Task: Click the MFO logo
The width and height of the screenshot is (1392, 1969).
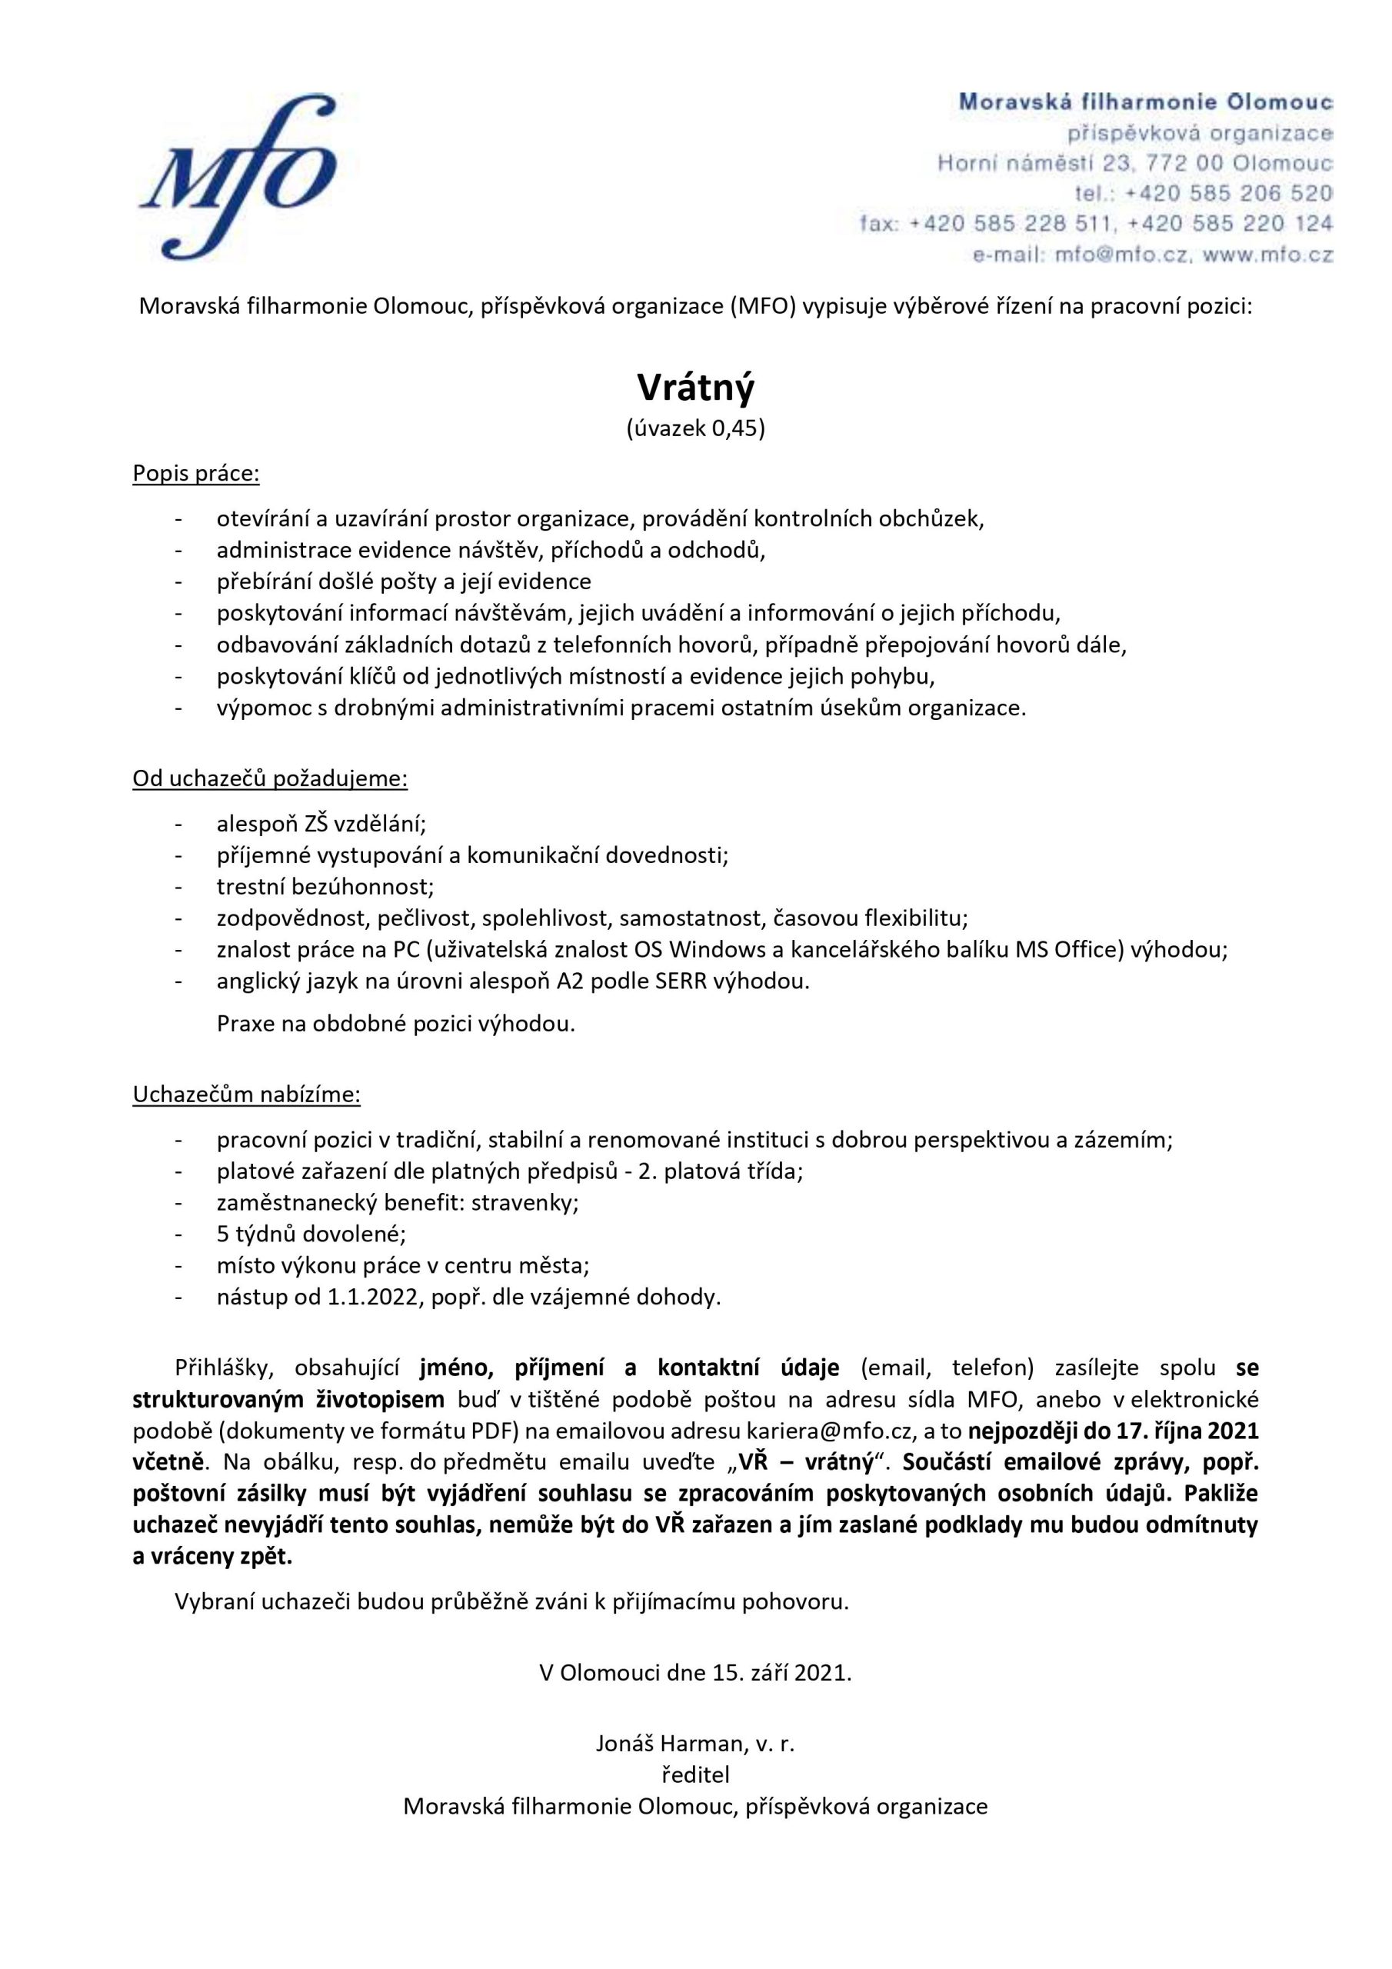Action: pos(238,177)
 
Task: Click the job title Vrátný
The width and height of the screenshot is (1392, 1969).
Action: pos(695,388)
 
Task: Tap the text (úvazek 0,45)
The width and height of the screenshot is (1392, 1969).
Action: pos(695,428)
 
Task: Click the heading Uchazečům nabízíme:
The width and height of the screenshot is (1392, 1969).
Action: pos(246,1095)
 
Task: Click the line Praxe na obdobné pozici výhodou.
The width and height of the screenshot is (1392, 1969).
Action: pos(395,1024)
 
